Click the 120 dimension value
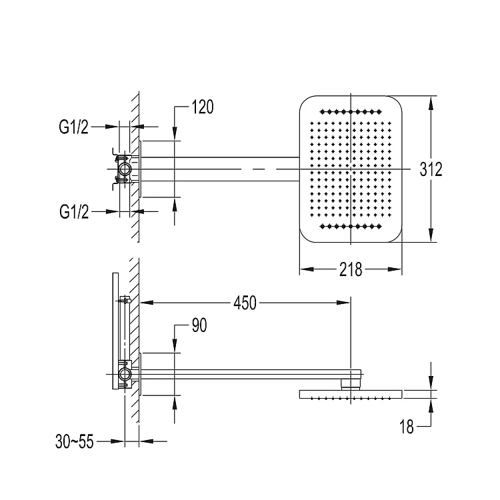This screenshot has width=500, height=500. coord(202,107)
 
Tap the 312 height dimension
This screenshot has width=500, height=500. coord(431,169)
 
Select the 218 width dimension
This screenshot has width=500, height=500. coord(350,269)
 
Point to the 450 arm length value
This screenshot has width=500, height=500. coord(245,303)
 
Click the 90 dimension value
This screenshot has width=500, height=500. coord(199,325)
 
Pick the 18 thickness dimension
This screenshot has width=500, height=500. coord(406,427)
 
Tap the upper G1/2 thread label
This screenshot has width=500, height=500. coord(73,127)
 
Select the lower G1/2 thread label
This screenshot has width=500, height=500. coord(73,212)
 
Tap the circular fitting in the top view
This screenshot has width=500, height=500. coord(123,169)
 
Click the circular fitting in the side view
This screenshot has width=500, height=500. coord(123,374)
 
